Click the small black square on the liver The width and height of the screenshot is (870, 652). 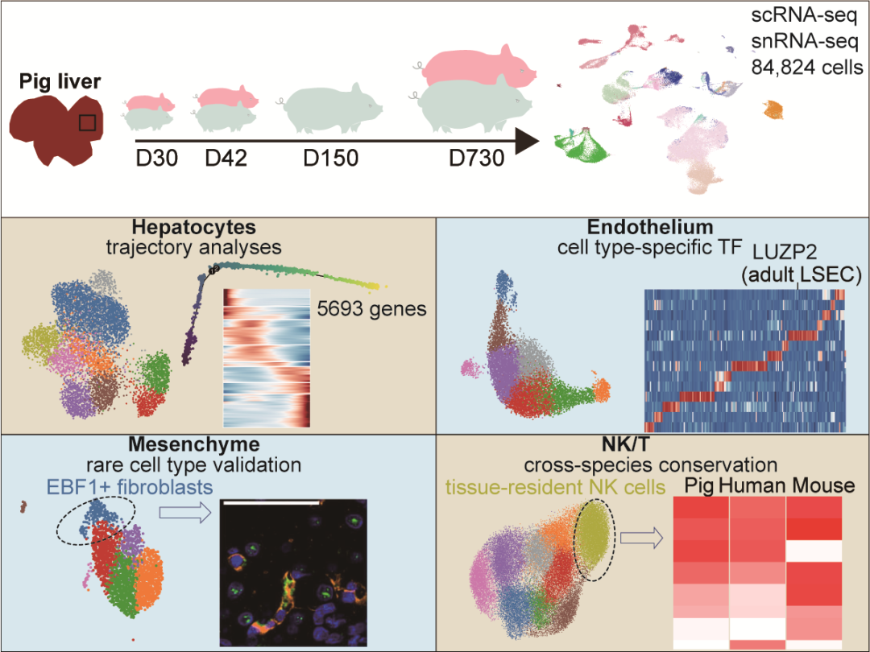[89, 123]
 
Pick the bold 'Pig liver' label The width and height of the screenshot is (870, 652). [60, 81]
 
